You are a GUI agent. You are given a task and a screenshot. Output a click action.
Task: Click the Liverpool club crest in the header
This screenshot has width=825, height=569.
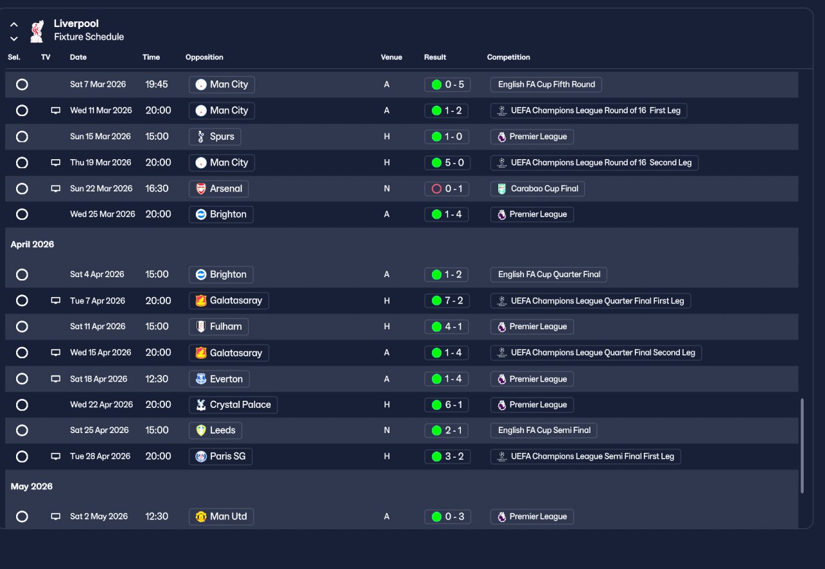tap(37, 30)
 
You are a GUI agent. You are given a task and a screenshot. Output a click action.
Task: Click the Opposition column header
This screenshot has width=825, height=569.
tap(204, 57)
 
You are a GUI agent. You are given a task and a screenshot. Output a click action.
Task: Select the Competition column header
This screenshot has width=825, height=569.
tap(509, 57)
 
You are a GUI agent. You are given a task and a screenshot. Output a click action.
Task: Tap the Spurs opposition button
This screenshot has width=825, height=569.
tap(215, 137)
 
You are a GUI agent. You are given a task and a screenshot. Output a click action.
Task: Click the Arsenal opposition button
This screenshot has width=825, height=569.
tap(219, 189)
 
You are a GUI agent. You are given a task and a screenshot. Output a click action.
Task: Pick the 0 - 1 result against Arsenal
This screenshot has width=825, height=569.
tap(447, 189)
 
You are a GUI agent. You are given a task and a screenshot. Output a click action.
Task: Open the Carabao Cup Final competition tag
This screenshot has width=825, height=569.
tap(538, 189)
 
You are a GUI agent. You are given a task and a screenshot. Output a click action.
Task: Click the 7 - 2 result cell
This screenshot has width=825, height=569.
tap(447, 301)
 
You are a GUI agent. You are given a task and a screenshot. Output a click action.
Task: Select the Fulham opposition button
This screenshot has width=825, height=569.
tap(218, 327)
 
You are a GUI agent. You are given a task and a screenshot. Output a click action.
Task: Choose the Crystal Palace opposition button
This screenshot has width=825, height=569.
tap(233, 405)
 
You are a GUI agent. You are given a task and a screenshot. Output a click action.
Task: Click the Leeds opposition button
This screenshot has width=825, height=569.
tap(216, 430)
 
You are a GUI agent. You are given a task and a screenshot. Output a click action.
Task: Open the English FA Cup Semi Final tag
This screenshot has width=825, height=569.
tap(544, 430)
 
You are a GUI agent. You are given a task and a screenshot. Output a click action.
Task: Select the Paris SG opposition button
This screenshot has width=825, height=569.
tap(220, 456)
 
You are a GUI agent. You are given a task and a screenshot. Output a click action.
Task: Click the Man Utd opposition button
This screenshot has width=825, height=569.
tap(221, 517)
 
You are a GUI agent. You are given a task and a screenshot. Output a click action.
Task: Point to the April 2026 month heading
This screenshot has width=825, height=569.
tap(32, 245)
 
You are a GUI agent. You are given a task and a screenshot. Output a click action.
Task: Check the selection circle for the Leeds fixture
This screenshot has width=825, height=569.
tap(22, 430)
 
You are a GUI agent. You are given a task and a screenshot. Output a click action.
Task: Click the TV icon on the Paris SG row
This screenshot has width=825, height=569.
tap(55, 456)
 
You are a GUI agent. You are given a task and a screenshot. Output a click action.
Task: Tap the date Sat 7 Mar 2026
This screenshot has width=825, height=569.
tap(98, 84)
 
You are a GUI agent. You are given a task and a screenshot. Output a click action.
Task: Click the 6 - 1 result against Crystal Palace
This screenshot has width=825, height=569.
tap(447, 405)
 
